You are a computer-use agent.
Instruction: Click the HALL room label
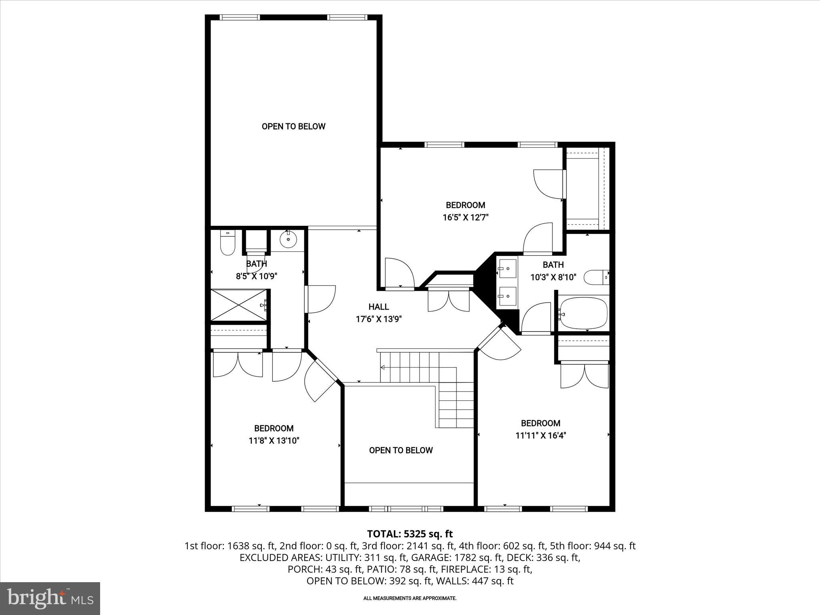point(378,307)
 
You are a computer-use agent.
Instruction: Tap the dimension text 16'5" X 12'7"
point(466,218)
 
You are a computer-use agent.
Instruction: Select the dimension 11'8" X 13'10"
point(274,441)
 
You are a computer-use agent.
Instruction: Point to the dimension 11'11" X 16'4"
point(541,436)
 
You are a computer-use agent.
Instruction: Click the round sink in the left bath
point(288,240)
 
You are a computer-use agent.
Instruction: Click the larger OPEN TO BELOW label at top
point(293,127)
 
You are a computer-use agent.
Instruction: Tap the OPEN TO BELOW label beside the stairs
point(401,450)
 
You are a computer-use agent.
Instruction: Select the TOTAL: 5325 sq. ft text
point(410,534)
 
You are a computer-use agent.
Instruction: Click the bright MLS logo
point(50,598)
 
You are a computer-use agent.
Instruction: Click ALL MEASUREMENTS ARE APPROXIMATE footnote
point(410,598)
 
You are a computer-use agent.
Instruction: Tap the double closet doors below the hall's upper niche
point(448,301)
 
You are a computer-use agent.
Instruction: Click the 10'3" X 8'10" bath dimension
point(553,277)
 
